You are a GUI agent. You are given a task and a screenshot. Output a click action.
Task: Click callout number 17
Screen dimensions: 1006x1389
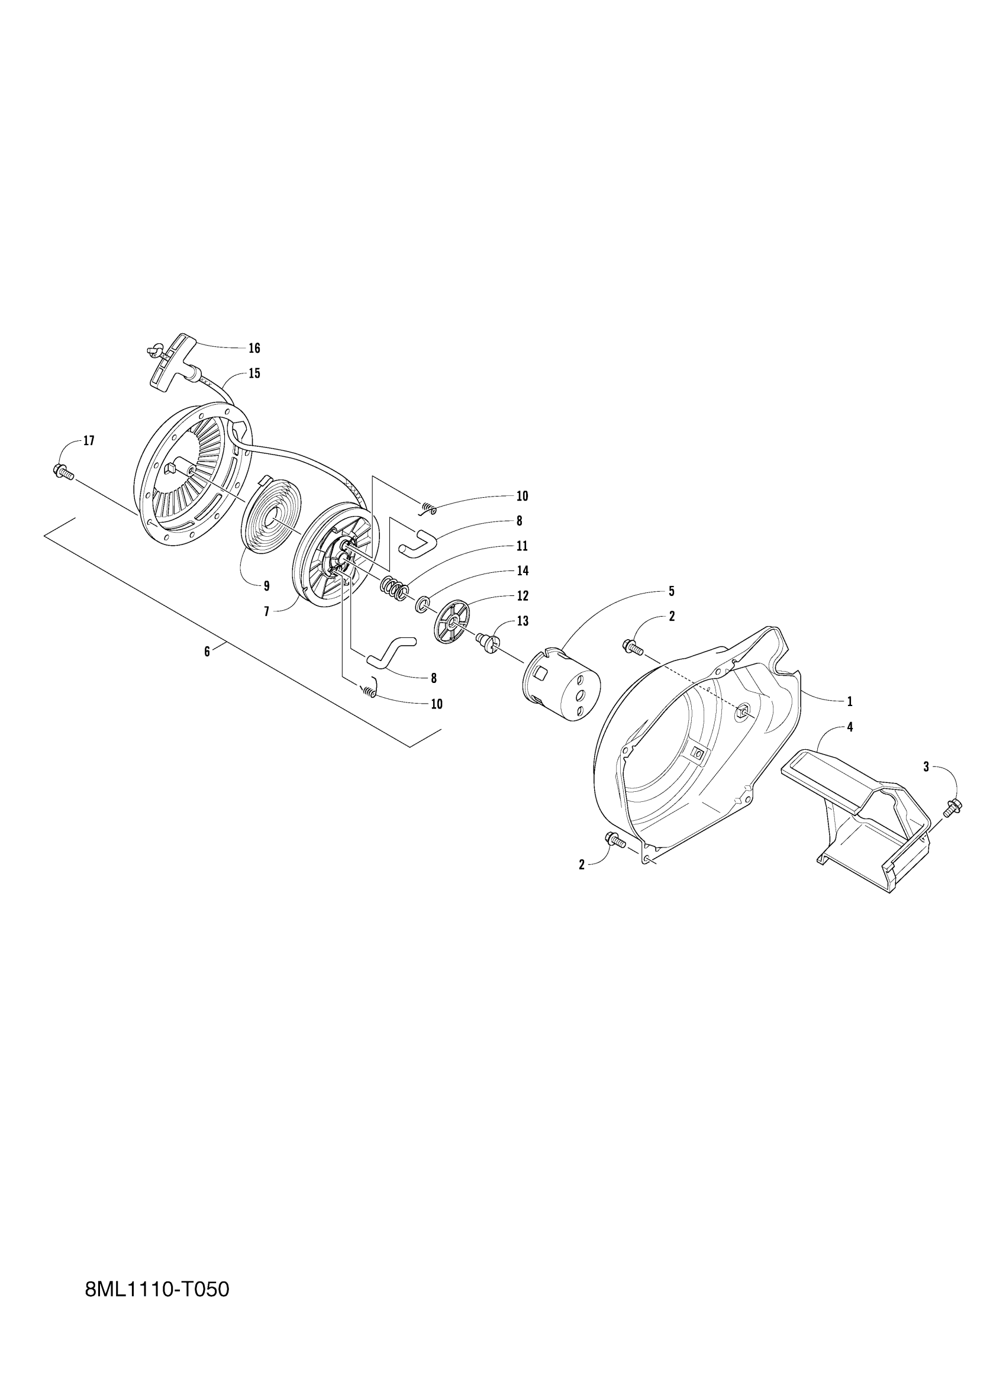click(89, 441)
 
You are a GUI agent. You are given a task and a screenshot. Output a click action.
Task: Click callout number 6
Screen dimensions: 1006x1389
click(207, 652)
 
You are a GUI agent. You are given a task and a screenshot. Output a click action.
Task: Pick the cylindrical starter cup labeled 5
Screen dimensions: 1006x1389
click(560, 684)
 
